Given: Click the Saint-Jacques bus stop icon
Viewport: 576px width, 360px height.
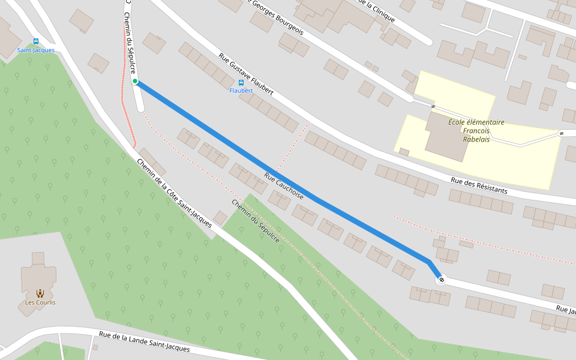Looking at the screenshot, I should (x=36, y=41).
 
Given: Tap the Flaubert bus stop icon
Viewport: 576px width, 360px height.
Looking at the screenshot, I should (x=241, y=83).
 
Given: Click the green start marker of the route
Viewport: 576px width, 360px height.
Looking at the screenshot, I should (x=135, y=81).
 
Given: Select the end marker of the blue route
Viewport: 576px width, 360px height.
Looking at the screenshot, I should (x=442, y=279).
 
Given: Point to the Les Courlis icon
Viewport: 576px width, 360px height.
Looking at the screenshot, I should (x=40, y=293).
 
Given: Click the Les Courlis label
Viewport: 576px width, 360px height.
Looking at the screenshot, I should (x=40, y=302).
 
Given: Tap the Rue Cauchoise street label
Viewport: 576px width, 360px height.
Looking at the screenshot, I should (x=284, y=186).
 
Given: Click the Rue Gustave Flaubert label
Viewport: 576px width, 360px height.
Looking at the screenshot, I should (x=246, y=74).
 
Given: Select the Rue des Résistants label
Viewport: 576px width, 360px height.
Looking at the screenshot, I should (x=479, y=185).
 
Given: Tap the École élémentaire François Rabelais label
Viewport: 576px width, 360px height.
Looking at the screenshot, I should (x=476, y=130).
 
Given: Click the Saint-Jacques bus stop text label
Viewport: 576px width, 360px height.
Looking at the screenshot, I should (x=36, y=50).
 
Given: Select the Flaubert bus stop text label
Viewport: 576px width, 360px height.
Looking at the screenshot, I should (x=241, y=91).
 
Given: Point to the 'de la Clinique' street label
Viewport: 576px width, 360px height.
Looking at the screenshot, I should (x=376, y=10).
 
